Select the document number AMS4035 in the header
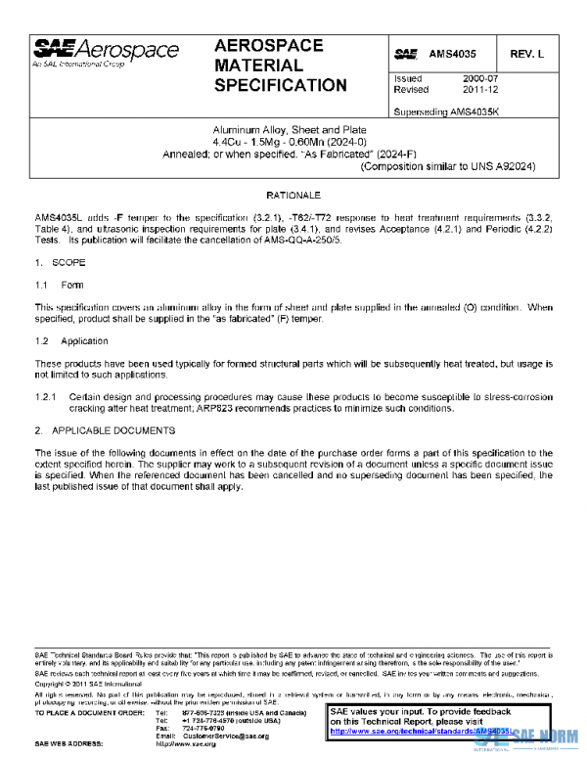pos(453,52)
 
